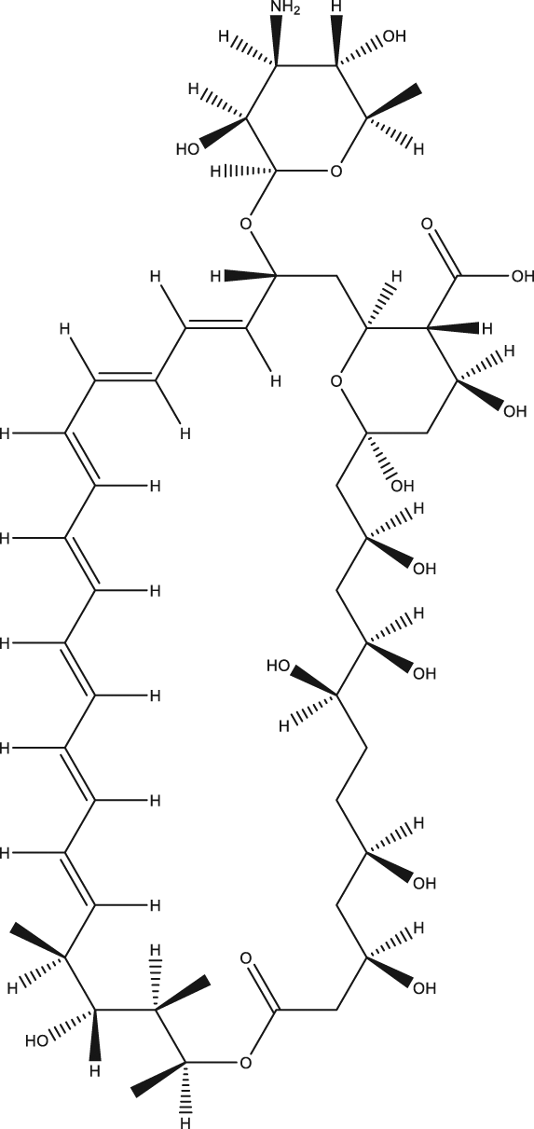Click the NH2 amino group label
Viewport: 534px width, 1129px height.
pos(284,7)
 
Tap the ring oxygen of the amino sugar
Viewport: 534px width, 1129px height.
pos(336,172)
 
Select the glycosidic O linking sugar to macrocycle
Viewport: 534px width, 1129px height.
pos(246,224)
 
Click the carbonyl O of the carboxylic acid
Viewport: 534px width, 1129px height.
pos(428,224)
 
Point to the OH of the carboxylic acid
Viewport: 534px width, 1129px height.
pos(521,276)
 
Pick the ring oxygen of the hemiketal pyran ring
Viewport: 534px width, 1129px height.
pos(336,381)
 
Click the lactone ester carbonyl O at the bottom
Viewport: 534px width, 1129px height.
pos(246,957)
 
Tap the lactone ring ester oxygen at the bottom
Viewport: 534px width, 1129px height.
pos(245,1063)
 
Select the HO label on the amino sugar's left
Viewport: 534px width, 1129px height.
pos(187,149)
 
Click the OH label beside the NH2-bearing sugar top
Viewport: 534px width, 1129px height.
pos(394,36)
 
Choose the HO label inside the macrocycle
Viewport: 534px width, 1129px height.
pos(279,666)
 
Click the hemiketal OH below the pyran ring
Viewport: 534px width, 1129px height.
pos(403,486)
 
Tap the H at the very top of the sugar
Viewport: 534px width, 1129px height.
pos(337,7)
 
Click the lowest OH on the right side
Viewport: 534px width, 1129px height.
pos(424,988)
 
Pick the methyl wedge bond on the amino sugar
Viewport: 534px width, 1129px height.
pos(393,103)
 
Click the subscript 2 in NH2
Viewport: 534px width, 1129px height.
pos(296,11)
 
